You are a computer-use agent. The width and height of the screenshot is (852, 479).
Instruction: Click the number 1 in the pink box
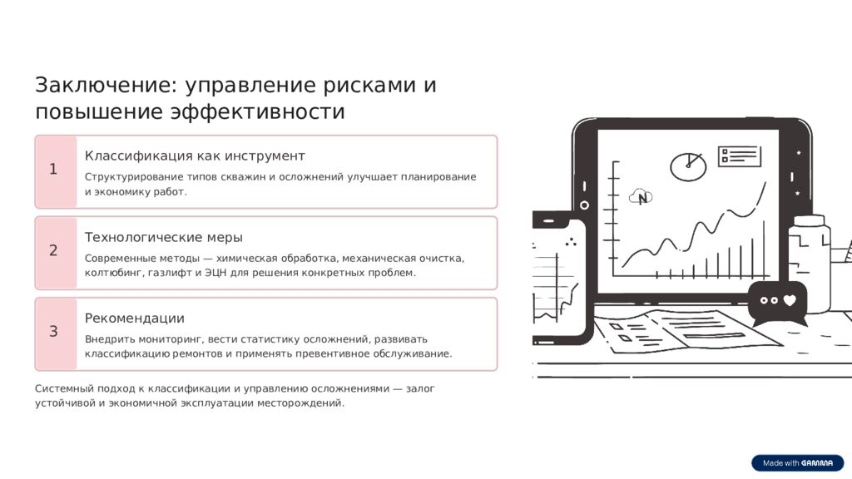click(53, 170)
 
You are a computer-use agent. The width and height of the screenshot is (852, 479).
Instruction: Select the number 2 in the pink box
click(53, 250)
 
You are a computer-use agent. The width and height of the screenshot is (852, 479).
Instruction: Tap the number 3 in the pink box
click(53, 332)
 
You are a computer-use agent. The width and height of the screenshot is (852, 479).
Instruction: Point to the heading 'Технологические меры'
click(164, 237)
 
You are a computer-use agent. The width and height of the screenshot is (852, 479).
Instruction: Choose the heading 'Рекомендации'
click(135, 319)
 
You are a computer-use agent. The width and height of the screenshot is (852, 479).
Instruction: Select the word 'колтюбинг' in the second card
click(113, 273)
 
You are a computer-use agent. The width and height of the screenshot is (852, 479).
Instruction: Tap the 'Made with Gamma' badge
click(797, 463)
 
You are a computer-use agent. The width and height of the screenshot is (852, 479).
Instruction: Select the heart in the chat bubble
click(790, 300)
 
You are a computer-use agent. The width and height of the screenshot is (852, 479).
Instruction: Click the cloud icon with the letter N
click(641, 197)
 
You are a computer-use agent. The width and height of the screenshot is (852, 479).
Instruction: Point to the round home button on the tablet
click(584, 205)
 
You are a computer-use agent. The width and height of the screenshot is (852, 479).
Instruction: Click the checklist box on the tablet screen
click(740, 156)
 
